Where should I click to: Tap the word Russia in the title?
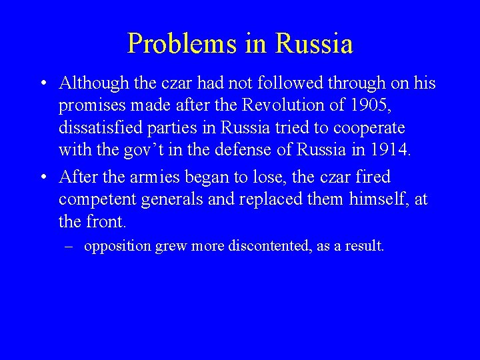click(x=314, y=43)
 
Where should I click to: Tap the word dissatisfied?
click(x=99, y=127)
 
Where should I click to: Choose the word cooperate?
click(x=371, y=127)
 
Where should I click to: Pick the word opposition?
click(x=117, y=246)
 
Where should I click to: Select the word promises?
click(x=88, y=105)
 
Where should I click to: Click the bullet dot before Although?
click(x=42, y=84)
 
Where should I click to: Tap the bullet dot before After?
click(x=42, y=178)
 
